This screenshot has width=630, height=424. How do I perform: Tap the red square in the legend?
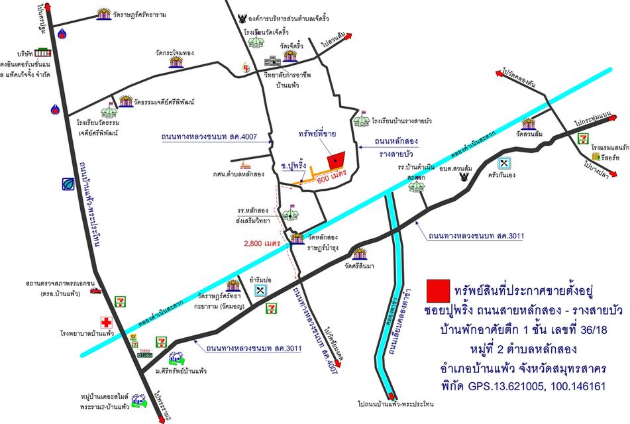[x=437, y=290]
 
